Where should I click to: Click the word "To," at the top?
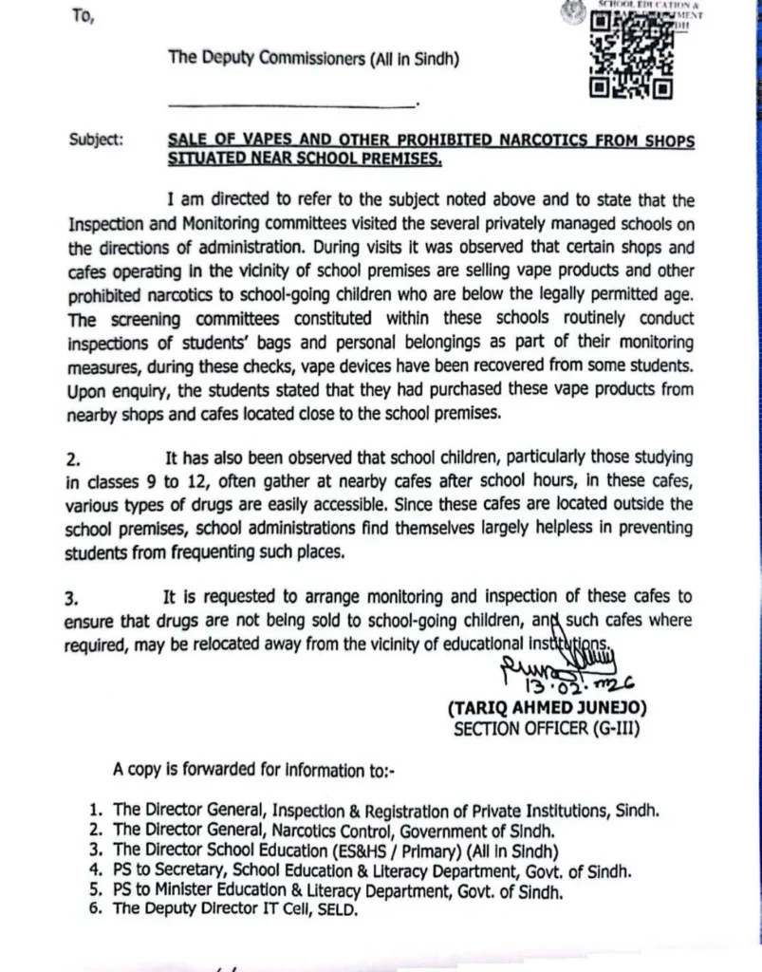(81, 15)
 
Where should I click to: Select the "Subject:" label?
(95, 140)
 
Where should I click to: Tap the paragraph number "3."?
(72, 598)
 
